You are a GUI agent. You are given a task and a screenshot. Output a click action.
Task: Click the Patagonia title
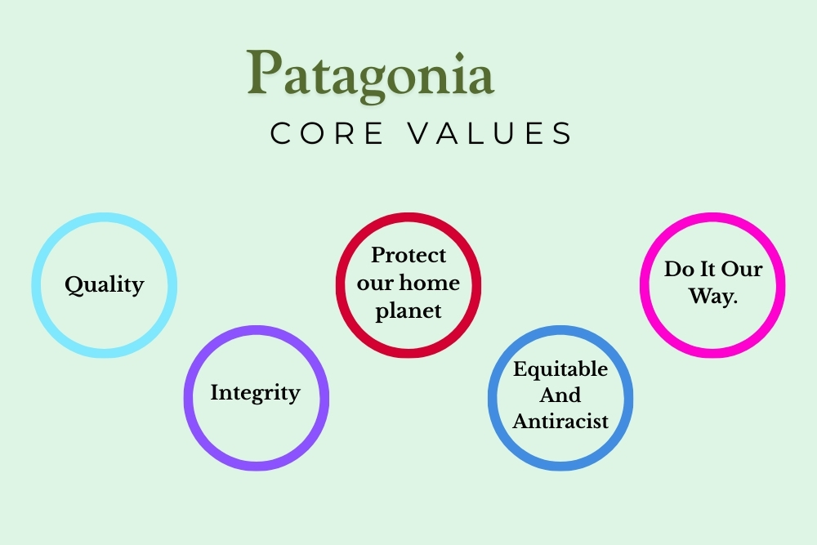tap(370, 74)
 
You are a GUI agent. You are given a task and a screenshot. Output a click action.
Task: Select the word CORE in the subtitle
tap(327, 133)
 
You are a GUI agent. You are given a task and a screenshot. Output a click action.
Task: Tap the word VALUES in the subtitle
tap(489, 133)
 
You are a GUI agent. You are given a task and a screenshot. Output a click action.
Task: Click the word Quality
tap(105, 285)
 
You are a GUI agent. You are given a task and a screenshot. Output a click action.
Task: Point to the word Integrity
tap(255, 393)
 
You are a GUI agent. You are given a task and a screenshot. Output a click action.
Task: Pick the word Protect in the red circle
tap(408, 255)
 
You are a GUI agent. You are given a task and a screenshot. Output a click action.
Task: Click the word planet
tap(408, 311)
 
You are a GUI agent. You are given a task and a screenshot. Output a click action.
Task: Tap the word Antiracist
tap(560, 421)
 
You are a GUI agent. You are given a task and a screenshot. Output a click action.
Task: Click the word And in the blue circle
tap(560, 395)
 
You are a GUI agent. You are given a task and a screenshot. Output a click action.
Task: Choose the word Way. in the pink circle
tap(713, 296)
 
